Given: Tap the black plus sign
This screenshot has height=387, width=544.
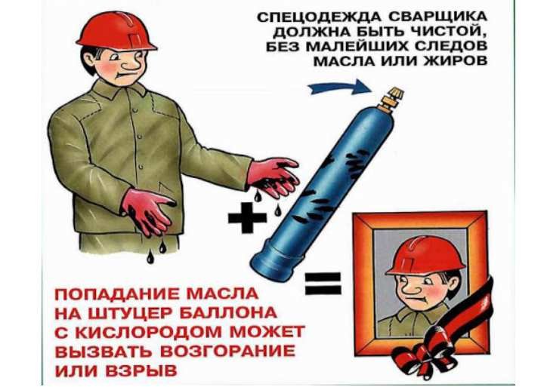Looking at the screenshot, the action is (x=247, y=217).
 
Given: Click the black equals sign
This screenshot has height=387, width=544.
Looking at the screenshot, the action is (x=323, y=284).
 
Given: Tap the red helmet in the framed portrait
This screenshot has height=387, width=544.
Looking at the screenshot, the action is (x=425, y=256).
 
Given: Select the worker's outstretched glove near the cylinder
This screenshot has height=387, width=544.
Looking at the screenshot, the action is (x=274, y=177).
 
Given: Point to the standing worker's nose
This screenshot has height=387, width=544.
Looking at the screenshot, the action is (x=130, y=64).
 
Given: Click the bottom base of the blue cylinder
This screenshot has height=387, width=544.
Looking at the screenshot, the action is (x=277, y=263).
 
